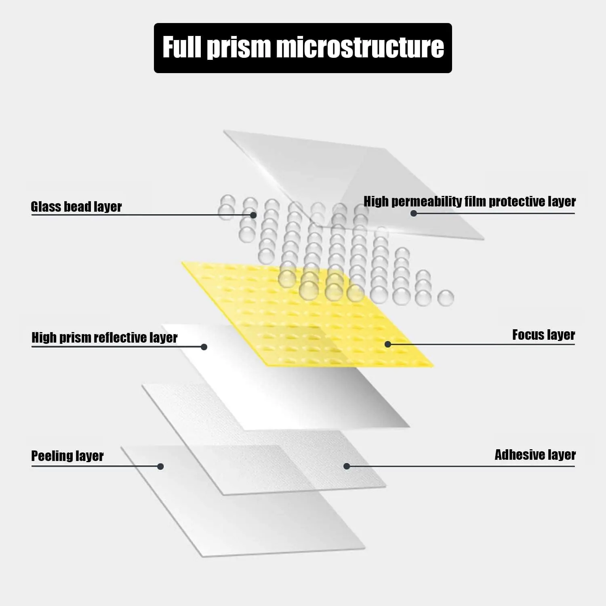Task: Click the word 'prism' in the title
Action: pos(238,48)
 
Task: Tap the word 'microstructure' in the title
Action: pos(360,47)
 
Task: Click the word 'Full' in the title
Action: pos(182,47)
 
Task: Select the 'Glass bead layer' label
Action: pos(76,206)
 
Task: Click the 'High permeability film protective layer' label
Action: pos(469,201)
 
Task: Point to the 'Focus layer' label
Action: pos(543,335)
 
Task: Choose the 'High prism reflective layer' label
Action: pos(105,337)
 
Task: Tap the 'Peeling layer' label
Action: pos(67,456)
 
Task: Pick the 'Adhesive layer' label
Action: pos(535,455)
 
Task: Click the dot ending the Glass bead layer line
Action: pos(253,215)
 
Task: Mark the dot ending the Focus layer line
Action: pos(388,344)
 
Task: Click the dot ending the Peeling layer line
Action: pos(160,467)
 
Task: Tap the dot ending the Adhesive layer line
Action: pos(347,466)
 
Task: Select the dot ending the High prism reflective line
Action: pos(204,347)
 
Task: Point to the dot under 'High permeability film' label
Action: pos(414,213)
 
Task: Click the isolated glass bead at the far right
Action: pos(446,298)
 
